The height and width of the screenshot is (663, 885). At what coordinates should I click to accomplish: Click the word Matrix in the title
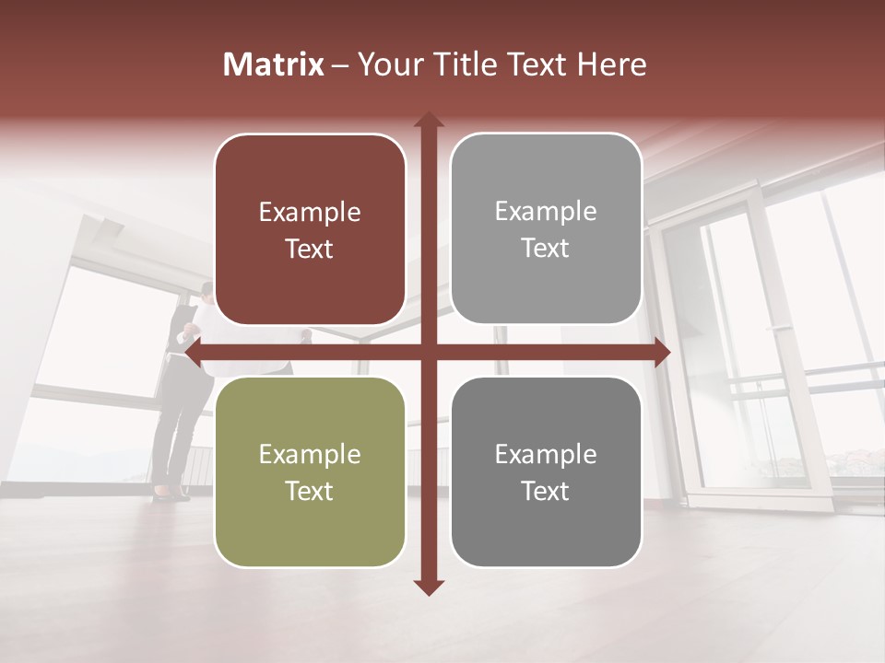(274, 64)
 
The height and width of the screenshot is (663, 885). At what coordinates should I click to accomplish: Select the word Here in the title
(611, 64)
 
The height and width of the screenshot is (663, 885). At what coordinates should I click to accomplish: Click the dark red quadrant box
(310, 229)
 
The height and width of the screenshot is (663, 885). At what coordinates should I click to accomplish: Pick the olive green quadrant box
(310, 471)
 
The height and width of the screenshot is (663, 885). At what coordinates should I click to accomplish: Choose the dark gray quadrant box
(546, 471)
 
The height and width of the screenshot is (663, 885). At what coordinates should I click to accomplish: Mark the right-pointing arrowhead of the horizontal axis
(661, 352)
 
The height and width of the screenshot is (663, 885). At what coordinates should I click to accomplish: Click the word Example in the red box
(310, 213)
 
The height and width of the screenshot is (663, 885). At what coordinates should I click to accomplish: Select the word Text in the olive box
(310, 491)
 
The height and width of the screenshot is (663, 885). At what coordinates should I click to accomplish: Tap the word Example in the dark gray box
(546, 454)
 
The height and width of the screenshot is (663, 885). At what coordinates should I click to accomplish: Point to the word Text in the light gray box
(546, 248)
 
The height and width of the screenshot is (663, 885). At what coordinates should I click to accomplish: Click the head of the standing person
(206, 293)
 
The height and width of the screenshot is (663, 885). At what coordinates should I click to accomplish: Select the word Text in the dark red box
(310, 249)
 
